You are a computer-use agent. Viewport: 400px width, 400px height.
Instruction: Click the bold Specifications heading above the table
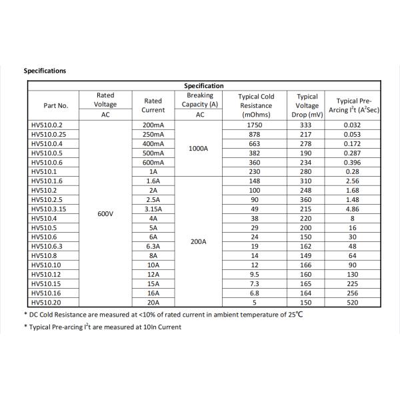coord(45,70)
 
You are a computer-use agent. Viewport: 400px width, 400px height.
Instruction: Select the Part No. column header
coord(56,105)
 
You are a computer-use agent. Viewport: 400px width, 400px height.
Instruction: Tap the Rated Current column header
coord(153,105)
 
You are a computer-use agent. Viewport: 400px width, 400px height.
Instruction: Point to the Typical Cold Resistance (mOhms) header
coord(256,105)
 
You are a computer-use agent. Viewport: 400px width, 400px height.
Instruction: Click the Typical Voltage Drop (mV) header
coord(307,105)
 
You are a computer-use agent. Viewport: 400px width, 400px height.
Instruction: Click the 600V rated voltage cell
coord(105,213)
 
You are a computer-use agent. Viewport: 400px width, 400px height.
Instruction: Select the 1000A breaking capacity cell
coord(199,149)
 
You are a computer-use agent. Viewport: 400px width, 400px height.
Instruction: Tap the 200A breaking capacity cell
coord(199,241)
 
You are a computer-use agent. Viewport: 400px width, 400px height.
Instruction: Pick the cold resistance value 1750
coord(256,125)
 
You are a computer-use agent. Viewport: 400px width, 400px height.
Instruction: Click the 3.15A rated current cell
coord(153,209)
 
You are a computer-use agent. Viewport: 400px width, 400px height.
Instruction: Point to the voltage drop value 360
coord(307,199)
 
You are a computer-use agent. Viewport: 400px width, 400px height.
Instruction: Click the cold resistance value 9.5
coord(256,274)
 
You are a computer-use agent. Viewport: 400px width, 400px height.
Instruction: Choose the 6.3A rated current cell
coord(153,246)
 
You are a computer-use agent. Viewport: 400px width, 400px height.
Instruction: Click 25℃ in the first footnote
coord(295,313)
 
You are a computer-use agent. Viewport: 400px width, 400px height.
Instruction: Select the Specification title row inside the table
coord(203,86)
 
